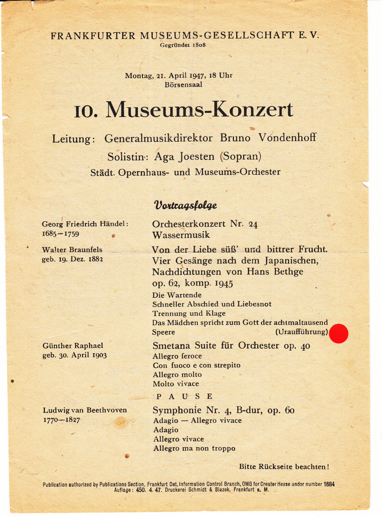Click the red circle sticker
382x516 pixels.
point(339,334)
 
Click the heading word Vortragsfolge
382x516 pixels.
point(185,205)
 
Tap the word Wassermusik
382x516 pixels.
point(181,235)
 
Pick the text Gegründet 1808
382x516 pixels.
point(183,45)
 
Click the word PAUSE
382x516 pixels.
point(185,396)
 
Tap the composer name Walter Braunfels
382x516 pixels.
point(72,250)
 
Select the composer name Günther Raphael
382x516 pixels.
point(73,346)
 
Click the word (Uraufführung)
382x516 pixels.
point(301,332)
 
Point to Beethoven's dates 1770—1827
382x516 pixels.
point(62,419)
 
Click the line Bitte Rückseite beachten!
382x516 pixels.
point(284,467)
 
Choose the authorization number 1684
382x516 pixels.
point(329,484)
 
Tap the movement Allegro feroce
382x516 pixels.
point(177,356)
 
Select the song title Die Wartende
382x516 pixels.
point(177,295)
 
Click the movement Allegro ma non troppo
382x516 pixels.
point(194,448)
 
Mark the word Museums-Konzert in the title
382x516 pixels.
point(199,110)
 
